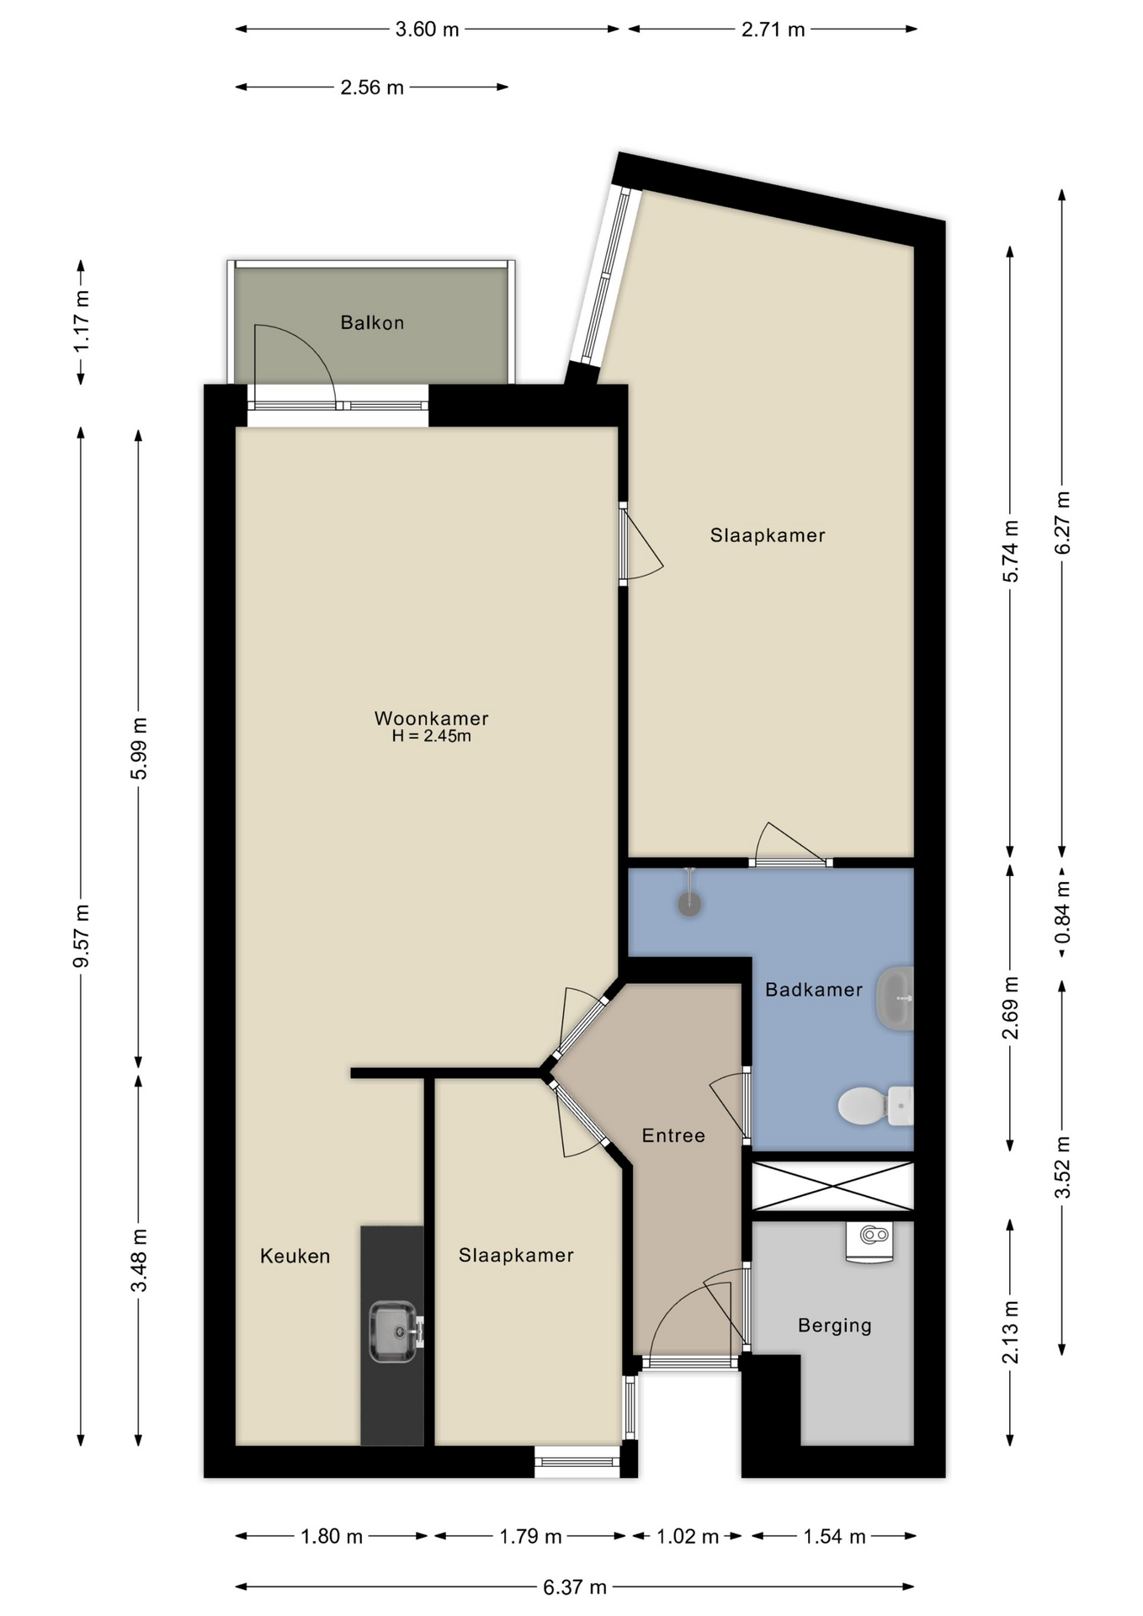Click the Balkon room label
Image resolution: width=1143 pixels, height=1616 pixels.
point(372,322)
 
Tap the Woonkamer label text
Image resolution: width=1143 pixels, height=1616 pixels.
point(431,718)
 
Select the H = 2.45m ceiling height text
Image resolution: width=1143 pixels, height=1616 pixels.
point(431,736)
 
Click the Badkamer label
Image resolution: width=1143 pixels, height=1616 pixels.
point(813,990)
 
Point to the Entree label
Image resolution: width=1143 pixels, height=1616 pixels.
point(673,1135)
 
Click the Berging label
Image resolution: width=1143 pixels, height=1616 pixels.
point(834,1326)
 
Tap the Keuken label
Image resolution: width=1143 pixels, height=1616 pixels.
point(295,1256)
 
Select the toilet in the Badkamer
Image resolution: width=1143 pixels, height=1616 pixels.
point(875,1105)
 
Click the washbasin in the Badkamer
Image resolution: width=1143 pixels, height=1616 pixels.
point(895,998)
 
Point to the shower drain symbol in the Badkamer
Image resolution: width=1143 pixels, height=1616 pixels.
point(690,905)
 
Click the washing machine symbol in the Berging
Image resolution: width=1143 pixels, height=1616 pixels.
point(869,1242)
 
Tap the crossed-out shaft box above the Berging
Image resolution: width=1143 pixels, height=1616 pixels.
point(832,1186)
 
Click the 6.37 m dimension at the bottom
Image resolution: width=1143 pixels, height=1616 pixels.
point(575,1587)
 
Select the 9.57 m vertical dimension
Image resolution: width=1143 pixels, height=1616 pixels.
point(82,936)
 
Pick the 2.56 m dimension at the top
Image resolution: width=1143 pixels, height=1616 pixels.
point(372,87)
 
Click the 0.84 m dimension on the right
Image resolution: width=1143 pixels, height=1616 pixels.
point(1062,912)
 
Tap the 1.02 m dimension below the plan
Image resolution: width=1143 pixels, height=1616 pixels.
point(687,1536)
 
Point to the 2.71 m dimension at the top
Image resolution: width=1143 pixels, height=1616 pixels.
point(773,29)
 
